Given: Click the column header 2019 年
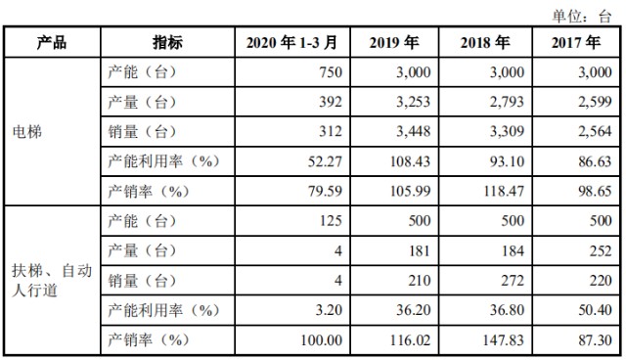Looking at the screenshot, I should point(395,42).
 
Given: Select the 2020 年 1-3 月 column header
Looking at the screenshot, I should point(292,42).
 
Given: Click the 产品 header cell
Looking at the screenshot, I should point(51,42).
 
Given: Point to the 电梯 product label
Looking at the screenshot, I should point(25,131).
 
